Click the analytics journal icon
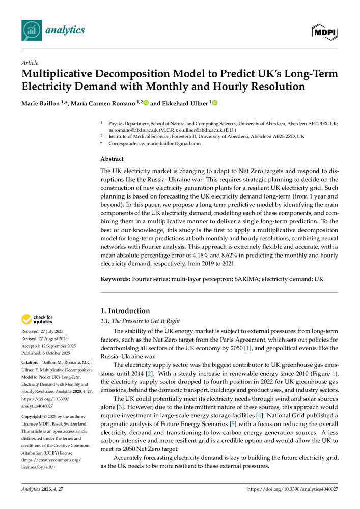(x=32, y=30)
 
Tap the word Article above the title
(x=30, y=63)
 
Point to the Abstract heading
(x=112, y=159)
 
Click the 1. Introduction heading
(x=125, y=311)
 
